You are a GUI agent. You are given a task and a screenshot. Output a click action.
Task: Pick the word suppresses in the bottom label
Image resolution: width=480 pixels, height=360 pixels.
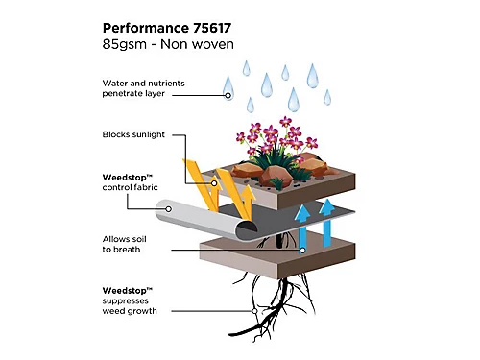point(127,300)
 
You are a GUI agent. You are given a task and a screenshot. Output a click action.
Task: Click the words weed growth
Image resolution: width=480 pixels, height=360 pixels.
point(134,311)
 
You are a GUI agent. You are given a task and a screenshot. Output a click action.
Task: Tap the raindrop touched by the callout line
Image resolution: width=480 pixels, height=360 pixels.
point(228,88)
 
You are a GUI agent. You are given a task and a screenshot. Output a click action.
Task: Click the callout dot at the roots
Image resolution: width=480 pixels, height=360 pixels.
point(255,310)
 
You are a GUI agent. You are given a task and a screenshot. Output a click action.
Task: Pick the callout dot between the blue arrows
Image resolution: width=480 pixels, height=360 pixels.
point(302,250)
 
